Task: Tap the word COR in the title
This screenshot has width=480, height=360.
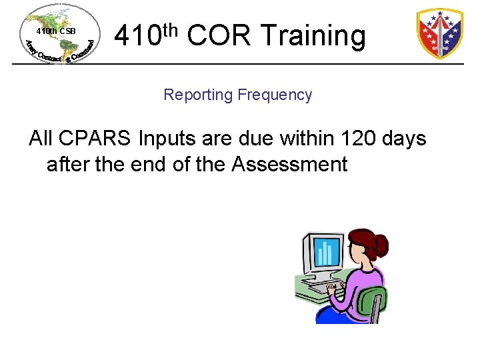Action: pos(218,36)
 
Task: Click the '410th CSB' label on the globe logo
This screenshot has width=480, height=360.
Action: pos(56,31)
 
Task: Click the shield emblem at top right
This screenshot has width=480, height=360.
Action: pos(439,33)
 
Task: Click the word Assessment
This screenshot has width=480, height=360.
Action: pos(289,164)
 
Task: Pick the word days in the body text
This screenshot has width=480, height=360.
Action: pos(405,139)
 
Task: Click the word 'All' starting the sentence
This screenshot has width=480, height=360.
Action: pos(41,139)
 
